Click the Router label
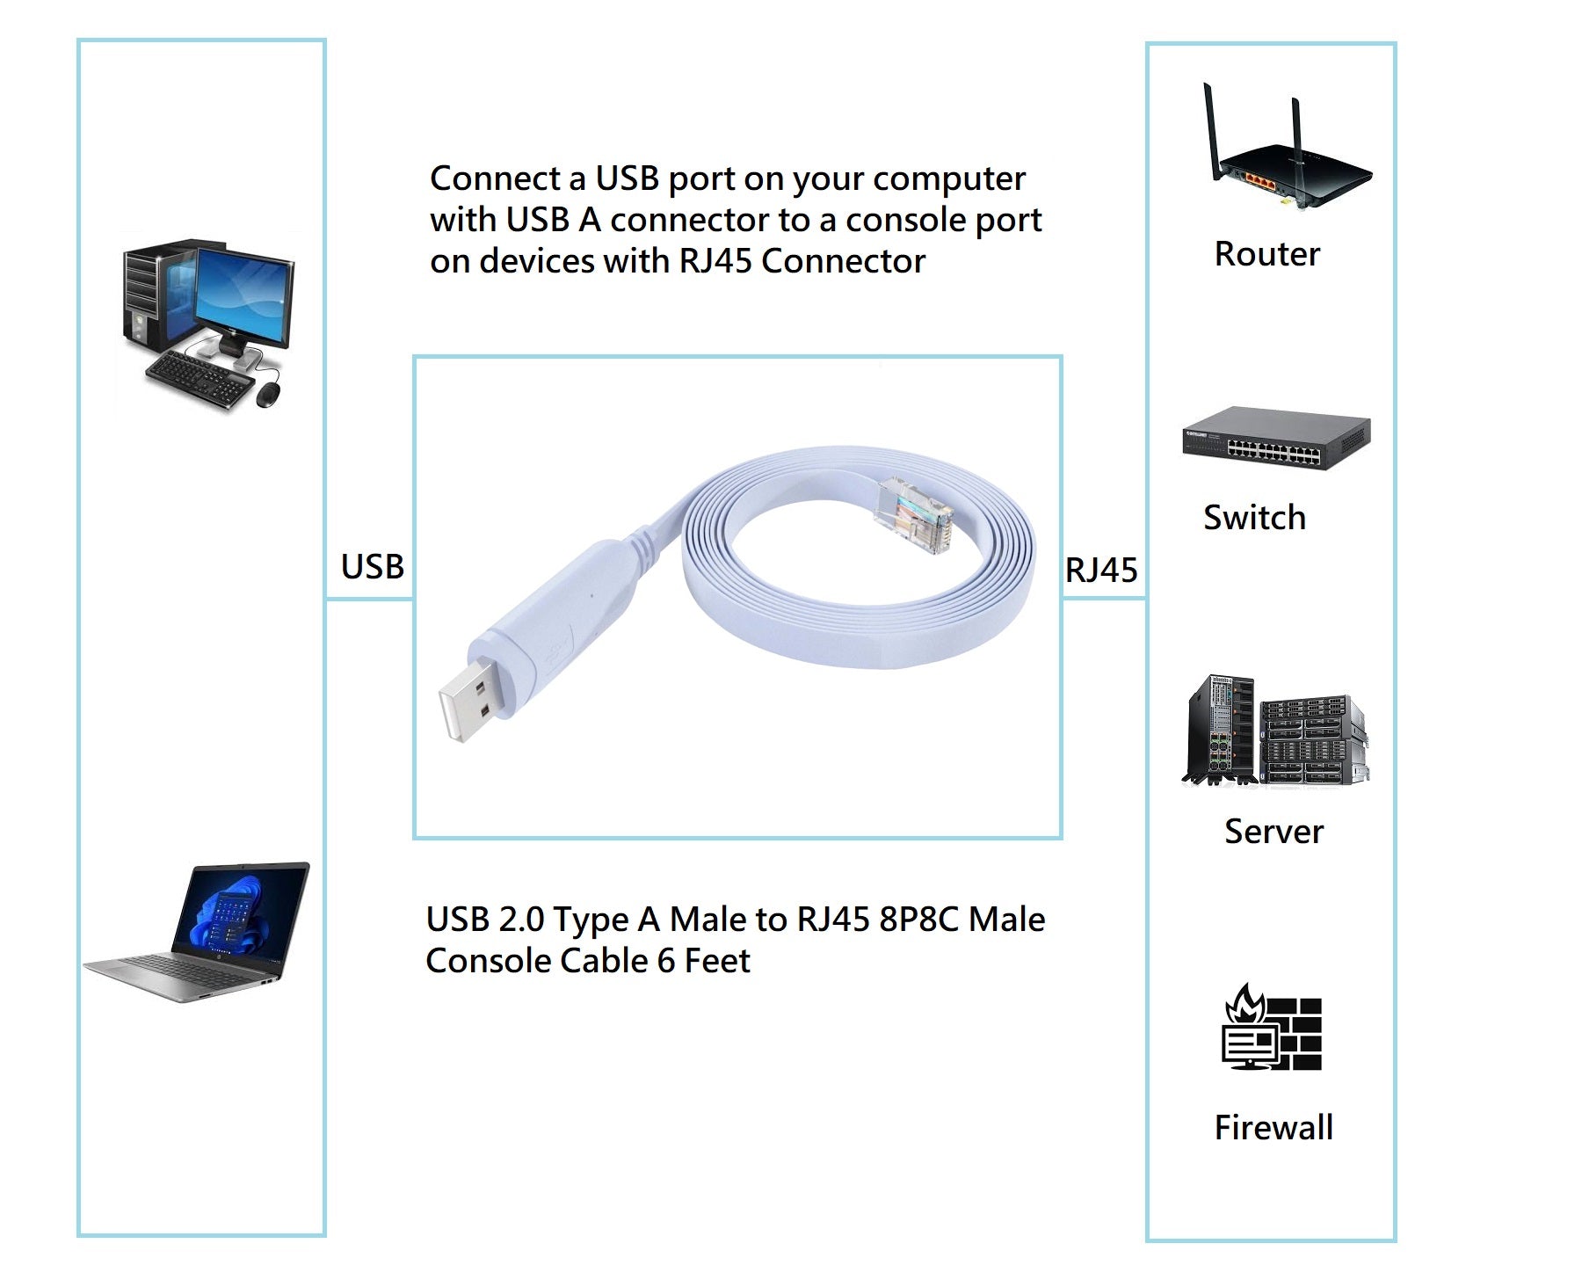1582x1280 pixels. pos(1266,254)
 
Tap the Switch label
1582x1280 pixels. pos(1254,518)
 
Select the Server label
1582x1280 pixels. pos(1274,832)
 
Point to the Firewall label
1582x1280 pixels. pos(1274,1128)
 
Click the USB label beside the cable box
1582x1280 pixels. pos(373,567)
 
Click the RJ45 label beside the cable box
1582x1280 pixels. pos(1101,571)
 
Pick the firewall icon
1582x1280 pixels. pos(1273,1029)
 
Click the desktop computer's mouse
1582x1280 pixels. pos(270,394)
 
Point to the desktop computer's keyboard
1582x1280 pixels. pos(197,378)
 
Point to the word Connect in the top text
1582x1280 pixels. pos(494,178)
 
